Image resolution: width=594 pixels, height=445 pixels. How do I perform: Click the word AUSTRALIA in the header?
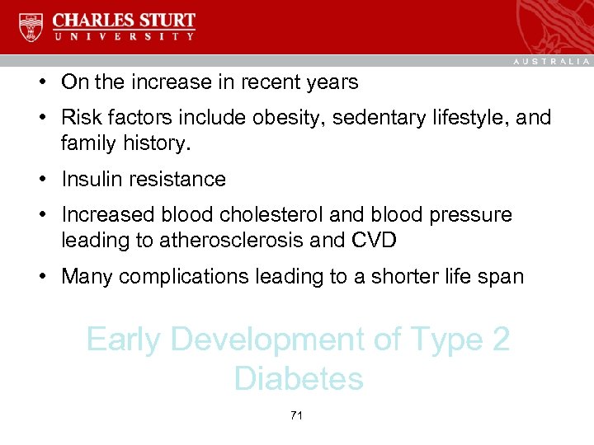[x=551, y=62]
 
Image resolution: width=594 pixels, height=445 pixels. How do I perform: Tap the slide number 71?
[x=297, y=416]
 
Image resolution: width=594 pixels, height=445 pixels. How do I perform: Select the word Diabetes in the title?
[x=299, y=379]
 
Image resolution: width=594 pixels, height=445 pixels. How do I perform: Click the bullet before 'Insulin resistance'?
[x=40, y=180]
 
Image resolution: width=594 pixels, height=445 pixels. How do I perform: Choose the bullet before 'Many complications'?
[x=40, y=277]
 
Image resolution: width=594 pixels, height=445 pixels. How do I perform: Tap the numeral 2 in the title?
[x=501, y=340]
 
